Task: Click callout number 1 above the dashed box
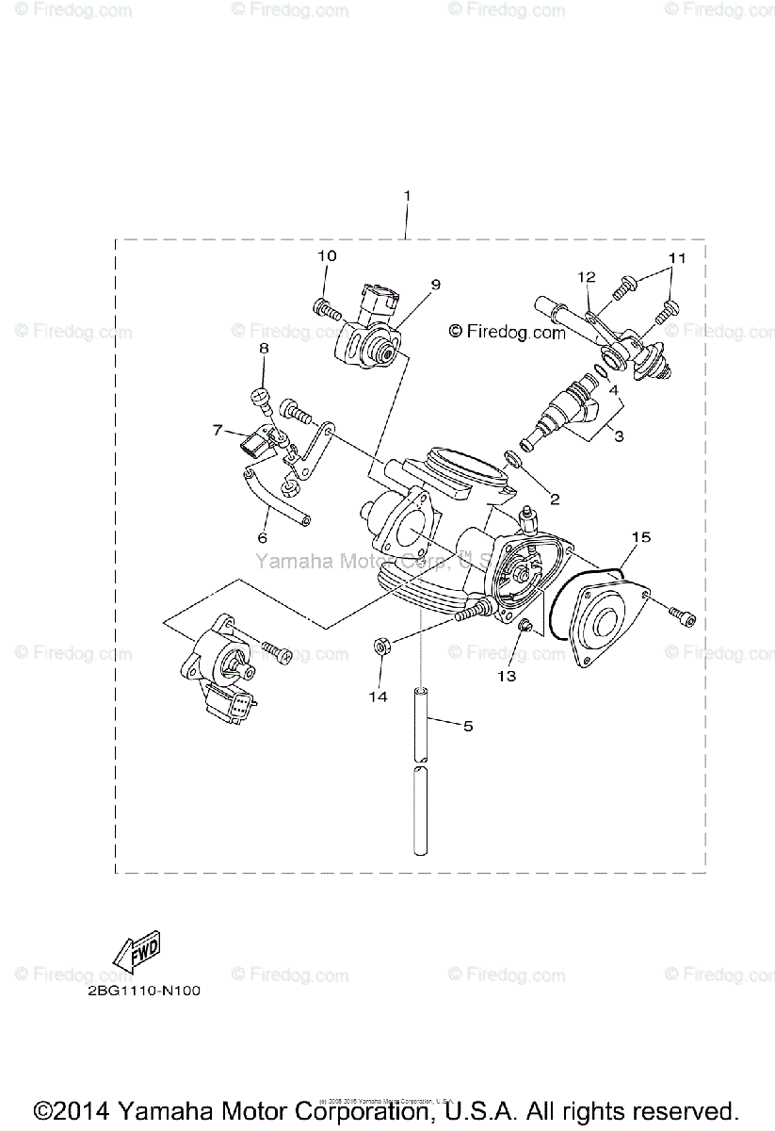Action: click(x=407, y=195)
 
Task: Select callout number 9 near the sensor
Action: click(x=436, y=284)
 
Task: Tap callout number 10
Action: click(x=326, y=255)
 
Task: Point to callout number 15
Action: click(x=640, y=537)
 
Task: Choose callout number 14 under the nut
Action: click(x=382, y=696)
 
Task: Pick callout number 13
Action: click(x=508, y=675)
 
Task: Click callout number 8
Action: click(x=264, y=349)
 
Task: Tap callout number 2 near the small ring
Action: click(x=555, y=499)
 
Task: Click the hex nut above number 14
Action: click(x=382, y=647)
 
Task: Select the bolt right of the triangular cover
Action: click(x=683, y=616)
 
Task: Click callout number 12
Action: click(x=587, y=277)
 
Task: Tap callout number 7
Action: click(x=218, y=430)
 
